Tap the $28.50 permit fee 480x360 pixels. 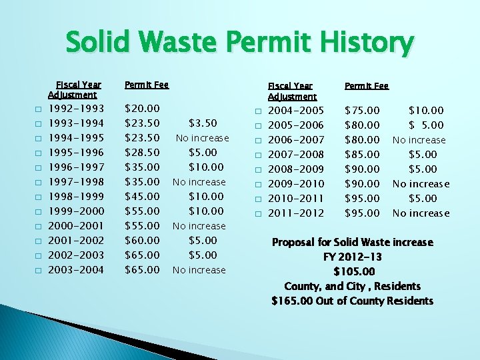point(143,152)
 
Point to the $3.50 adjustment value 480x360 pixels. point(203,123)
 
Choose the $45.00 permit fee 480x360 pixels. point(143,196)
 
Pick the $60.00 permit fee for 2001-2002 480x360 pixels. point(143,240)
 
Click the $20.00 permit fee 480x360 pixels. point(143,108)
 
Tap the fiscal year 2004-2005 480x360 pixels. point(296,110)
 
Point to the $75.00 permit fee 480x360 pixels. point(362,110)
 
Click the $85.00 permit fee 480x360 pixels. point(362,154)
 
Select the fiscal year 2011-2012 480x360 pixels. point(296,213)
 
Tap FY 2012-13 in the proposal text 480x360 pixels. point(353,257)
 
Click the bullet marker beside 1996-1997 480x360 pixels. point(39,167)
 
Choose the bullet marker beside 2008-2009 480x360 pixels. point(257,169)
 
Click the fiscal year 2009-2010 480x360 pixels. point(296,183)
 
